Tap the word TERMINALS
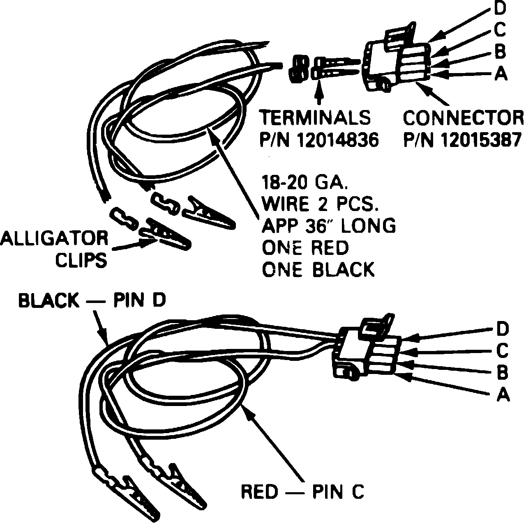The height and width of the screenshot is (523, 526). (315, 118)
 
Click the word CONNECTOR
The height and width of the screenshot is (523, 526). (463, 118)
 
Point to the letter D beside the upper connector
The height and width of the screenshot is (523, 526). (500, 8)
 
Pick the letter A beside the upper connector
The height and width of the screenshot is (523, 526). (501, 74)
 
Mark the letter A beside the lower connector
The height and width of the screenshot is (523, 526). (503, 395)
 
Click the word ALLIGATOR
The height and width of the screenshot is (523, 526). (54, 238)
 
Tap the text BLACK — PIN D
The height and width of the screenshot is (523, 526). (92, 300)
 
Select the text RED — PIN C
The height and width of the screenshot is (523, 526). (302, 491)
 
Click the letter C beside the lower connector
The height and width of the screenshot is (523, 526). (502, 351)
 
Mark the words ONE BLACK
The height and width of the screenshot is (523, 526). (318, 270)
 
